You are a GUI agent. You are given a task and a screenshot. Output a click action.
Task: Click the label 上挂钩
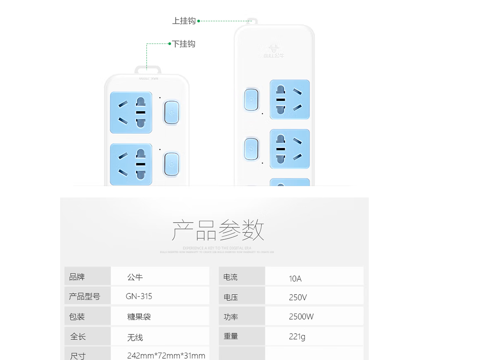click(x=184, y=21)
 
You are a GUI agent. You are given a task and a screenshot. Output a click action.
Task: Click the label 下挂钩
click(x=183, y=44)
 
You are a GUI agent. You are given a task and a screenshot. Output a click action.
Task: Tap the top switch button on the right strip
click(x=251, y=100)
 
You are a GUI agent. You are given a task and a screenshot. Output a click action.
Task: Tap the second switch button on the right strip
click(x=251, y=149)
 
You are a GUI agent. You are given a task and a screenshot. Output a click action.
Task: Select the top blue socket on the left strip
click(x=131, y=112)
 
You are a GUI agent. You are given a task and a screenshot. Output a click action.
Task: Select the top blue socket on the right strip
click(x=290, y=100)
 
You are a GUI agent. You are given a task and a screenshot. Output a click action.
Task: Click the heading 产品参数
click(x=218, y=230)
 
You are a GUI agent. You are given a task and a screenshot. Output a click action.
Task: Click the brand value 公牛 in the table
click(x=135, y=277)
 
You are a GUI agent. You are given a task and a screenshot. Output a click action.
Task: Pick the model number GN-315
click(x=139, y=296)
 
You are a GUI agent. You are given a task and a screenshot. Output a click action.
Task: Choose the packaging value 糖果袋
click(x=139, y=317)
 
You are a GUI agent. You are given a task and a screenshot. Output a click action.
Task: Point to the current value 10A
click(x=295, y=279)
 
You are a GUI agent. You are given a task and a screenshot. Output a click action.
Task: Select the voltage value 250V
click(x=298, y=297)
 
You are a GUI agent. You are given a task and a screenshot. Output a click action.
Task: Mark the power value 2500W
click(x=301, y=317)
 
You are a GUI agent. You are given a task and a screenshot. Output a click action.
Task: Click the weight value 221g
click(x=297, y=337)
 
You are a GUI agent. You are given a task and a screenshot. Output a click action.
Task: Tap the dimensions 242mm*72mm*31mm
click(x=166, y=355)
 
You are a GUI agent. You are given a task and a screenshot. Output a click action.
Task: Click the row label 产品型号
click(x=84, y=297)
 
